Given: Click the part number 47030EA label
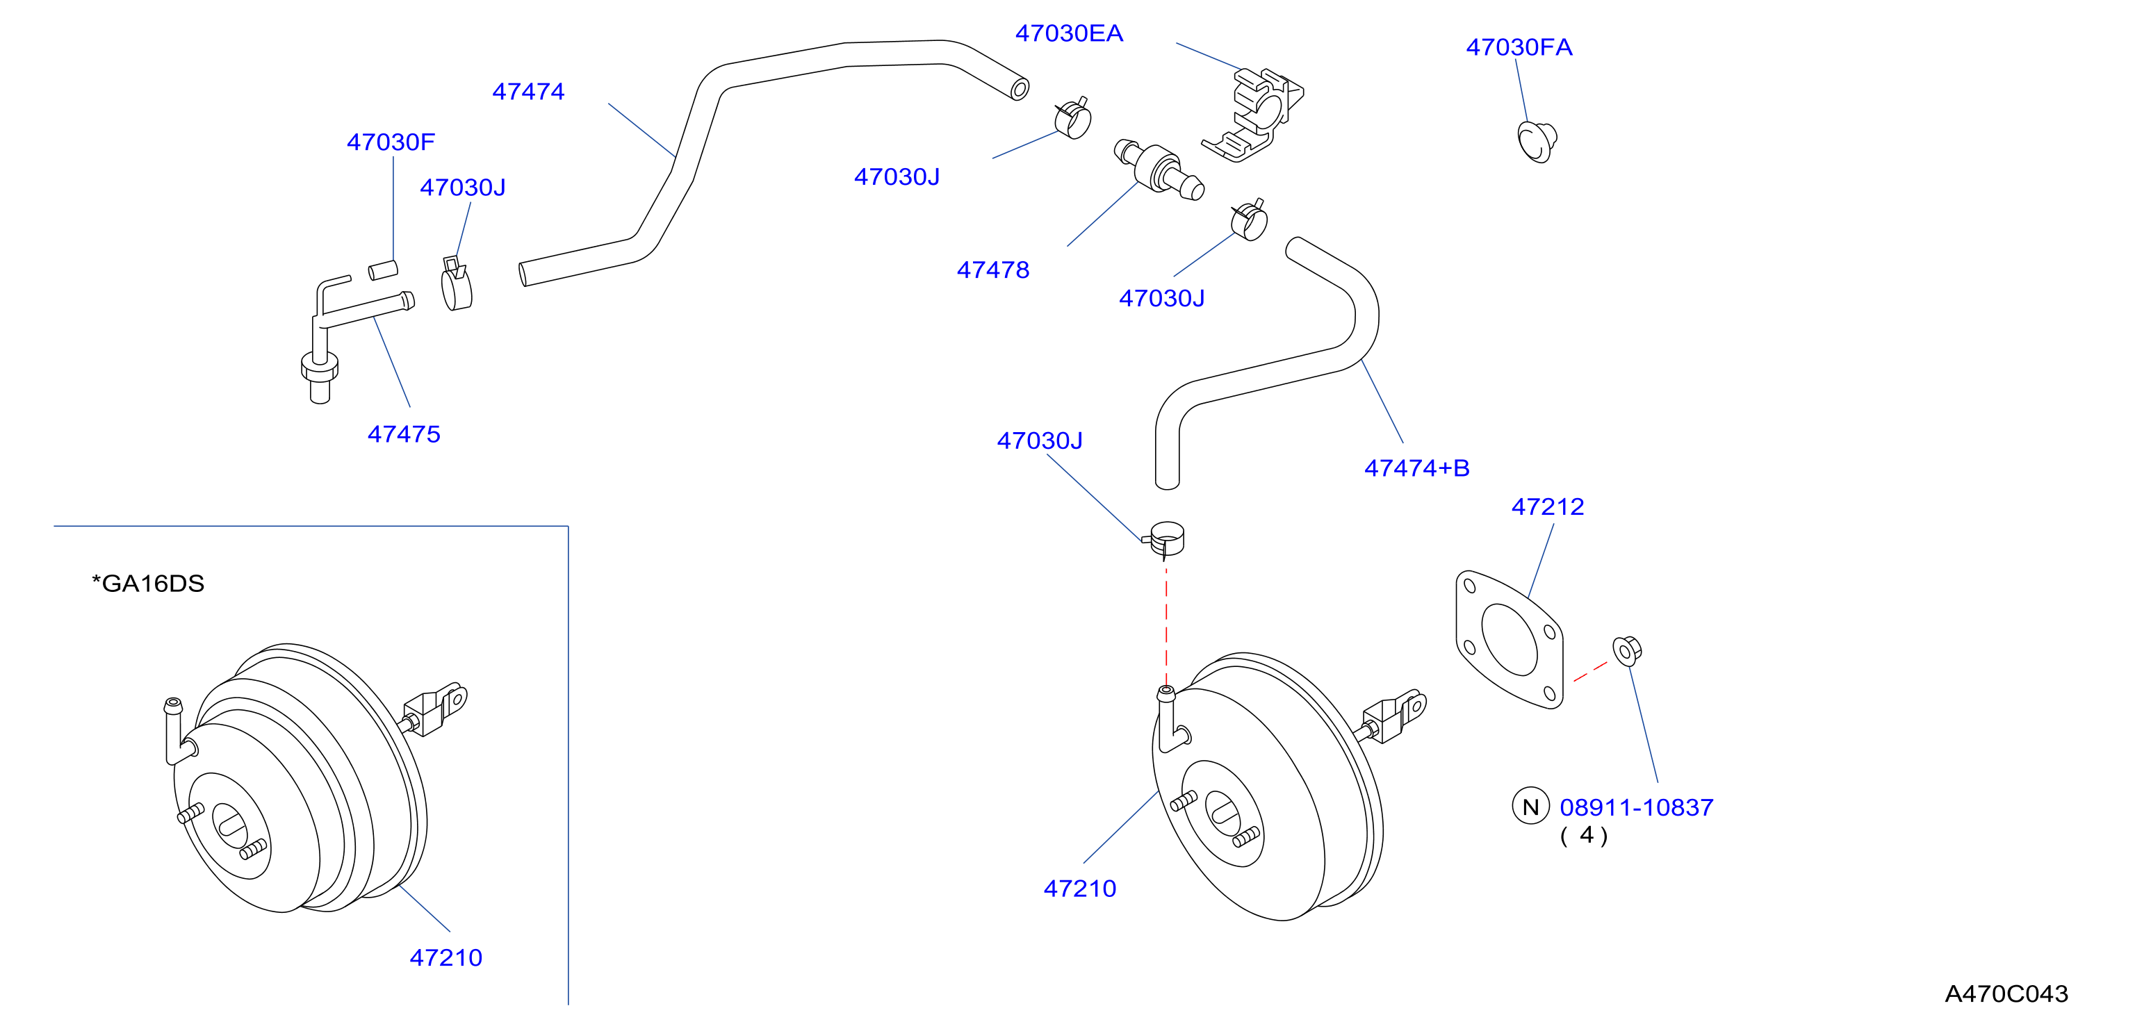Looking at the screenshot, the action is [1069, 33].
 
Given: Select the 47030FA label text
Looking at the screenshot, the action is [1519, 47].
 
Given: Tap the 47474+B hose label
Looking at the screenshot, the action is [1416, 468].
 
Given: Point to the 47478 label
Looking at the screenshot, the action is [993, 270].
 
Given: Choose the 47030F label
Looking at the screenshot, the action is [391, 142].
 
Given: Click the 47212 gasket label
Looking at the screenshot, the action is [1547, 506].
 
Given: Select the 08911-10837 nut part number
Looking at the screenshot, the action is [1636, 807].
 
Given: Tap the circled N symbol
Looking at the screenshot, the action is [1530, 807].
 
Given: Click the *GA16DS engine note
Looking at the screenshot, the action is [148, 584].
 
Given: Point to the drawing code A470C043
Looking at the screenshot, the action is [2006, 993].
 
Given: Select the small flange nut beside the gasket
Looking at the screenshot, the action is [1626, 650].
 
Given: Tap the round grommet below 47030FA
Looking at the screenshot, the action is [1537, 141].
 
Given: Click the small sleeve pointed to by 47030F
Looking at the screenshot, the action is [383, 270].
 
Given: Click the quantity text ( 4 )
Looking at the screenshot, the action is [1583, 836].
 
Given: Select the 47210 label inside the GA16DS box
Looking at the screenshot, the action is [446, 957].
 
